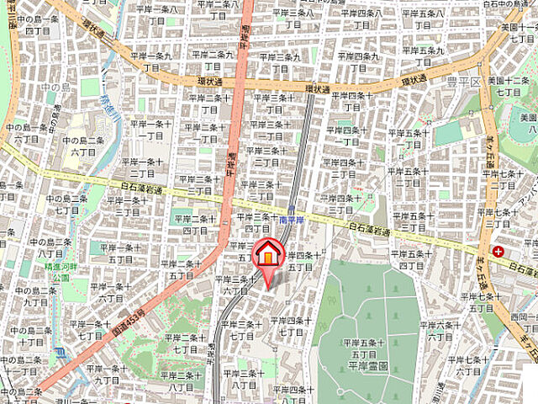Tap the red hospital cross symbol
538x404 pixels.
click(x=499, y=251)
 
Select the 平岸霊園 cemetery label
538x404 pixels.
click(x=363, y=365)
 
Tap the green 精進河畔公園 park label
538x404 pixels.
click(x=60, y=271)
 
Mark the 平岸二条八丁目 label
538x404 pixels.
click(x=182, y=380)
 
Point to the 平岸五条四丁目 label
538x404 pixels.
click(x=412, y=260)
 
